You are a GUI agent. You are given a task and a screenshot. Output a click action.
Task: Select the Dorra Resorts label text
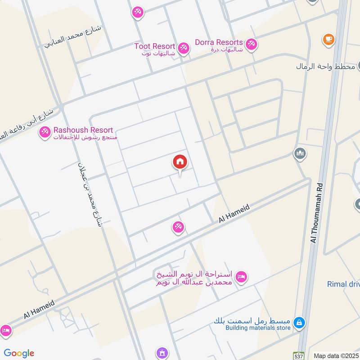[x=219, y=42]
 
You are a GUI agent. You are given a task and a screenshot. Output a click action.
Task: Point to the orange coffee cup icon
[x=328, y=40]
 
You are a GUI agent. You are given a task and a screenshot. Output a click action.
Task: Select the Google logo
[x=19, y=353]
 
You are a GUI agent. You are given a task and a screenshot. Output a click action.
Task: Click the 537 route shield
[x=300, y=355]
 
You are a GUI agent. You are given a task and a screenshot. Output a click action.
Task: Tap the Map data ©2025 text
[x=336, y=355]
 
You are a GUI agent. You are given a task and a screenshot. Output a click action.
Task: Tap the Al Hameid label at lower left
[x=40, y=310]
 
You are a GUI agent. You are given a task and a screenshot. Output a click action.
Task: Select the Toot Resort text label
[x=154, y=46]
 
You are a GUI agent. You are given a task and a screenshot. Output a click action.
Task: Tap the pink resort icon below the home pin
[x=178, y=227]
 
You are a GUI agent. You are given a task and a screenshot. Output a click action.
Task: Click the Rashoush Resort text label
[x=83, y=130]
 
